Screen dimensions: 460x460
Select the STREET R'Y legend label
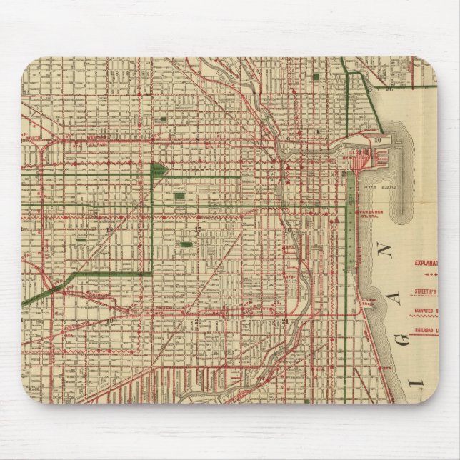pyautogui.click(x=428, y=291)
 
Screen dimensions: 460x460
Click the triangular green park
pyautogui.click(x=157, y=171)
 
